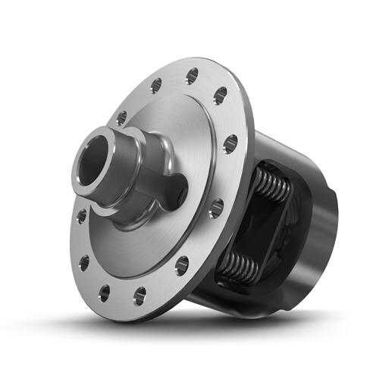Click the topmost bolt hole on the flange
point(192,74)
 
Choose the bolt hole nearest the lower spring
point(182,265)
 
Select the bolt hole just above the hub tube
point(121,117)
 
